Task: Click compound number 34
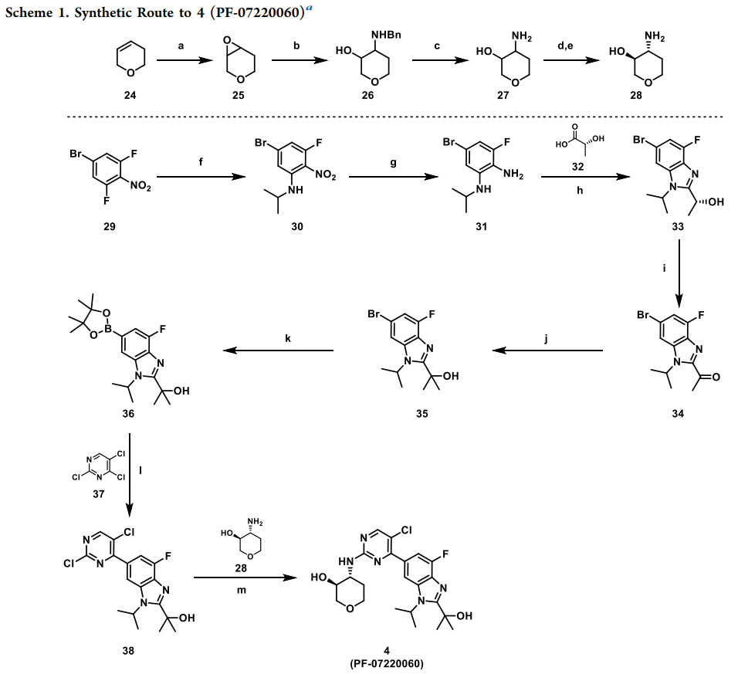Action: (x=679, y=415)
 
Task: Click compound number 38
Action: (x=128, y=650)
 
